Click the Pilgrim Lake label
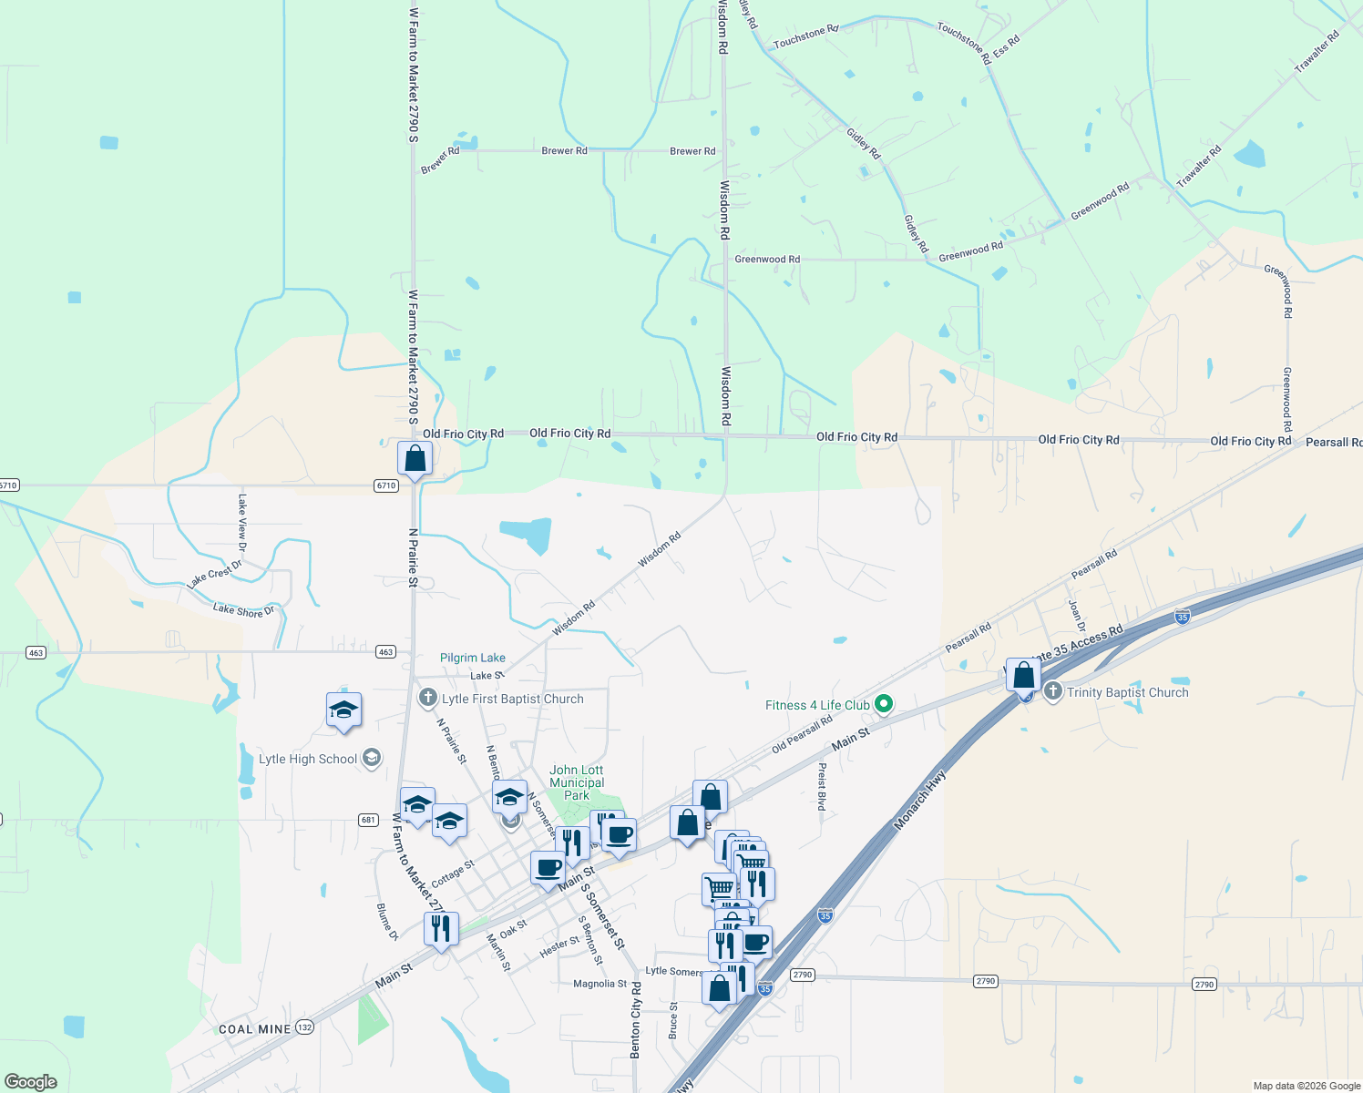(x=472, y=658)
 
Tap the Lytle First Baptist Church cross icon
(x=427, y=699)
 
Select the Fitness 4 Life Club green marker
(x=882, y=704)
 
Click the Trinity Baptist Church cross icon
(x=1052, y=691)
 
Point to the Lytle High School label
(x=308, y=759)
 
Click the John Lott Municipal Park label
(x=577, y=782)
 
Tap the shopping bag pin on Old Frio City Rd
(x=415, y=458)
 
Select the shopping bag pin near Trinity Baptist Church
(x=1023, y=675)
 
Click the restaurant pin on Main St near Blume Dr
(x=441, y=928)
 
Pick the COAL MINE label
(x=255, y=1029)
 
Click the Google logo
(x=30, y=1082)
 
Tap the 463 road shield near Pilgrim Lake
(x=385, y=652)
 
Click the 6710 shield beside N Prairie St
(x=385, y=485)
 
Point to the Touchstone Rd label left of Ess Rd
(x=799, y=38)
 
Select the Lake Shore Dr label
(x=243, y=609)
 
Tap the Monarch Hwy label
(x=920, y=802)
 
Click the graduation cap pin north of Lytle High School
(x=343, y=710)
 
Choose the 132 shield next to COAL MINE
(x=304, y=1027)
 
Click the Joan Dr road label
(x=1077, y=616)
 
